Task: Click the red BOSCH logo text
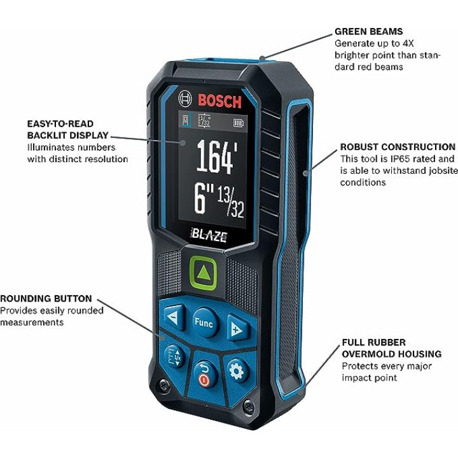click(219, 101)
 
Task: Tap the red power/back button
click(203, 374)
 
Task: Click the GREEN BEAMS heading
click(368, 31)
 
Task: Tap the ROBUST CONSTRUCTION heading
click(398, 147)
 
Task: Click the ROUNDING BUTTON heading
click(46, 298)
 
